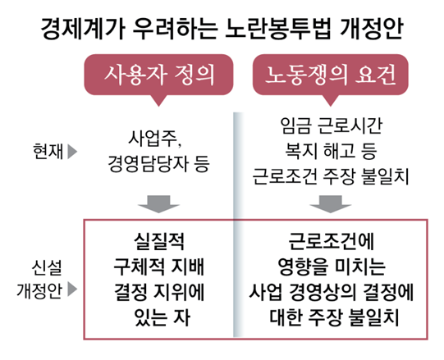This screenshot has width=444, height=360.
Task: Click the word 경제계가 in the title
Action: tap(83, 29)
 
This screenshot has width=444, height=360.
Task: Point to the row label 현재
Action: tap(48, 152)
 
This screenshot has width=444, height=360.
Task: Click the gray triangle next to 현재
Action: tap(72, 152)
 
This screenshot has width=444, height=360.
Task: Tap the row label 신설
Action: tap(47, 267)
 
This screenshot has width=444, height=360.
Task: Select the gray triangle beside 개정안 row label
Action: tap(72, 289)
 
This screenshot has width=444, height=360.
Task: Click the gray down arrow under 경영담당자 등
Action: tap(158, 203)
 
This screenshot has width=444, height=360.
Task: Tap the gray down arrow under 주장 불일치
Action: tap(330, 203)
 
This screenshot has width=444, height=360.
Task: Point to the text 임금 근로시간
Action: tap(331, 125)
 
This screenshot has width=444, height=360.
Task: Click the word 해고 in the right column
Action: tap(339, 151)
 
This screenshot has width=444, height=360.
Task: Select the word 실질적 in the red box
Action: tap(159, 241)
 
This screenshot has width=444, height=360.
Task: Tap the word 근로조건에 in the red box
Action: tap(331, 241)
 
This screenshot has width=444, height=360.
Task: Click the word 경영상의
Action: tap(323, 292)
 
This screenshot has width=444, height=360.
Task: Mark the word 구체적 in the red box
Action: tap(139, 267)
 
